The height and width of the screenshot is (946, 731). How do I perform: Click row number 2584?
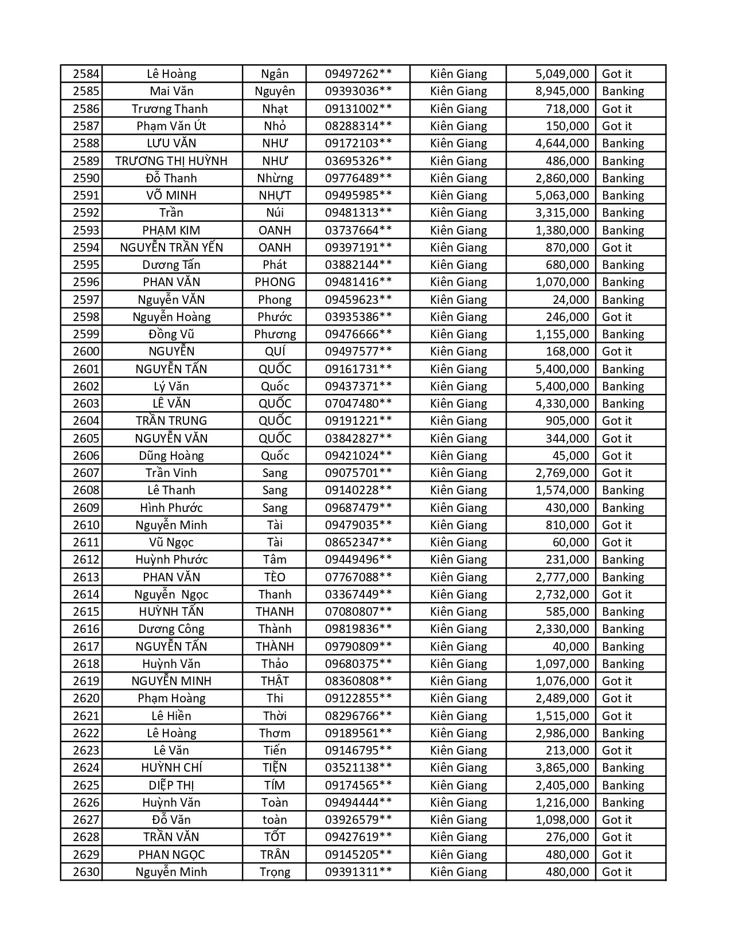pos(86,74)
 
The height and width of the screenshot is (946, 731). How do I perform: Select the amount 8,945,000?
pos(562,91)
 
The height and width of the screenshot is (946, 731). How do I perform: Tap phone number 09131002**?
pos(358,109)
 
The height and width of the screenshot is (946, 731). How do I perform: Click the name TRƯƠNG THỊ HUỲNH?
pos(171,161)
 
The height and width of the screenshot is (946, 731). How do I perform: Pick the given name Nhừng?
pos(275,178)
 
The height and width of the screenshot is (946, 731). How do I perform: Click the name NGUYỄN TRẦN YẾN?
pos(171,248)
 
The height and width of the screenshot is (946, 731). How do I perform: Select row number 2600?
pos(86,351)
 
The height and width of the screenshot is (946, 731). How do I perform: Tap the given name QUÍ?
pos(275,351)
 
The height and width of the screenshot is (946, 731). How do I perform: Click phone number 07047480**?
pos(358,404)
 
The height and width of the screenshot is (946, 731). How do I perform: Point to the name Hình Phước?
pos(171,508)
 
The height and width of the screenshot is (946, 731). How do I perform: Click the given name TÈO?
pos(275,577)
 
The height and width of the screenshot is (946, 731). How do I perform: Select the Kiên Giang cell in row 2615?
pos(458,612)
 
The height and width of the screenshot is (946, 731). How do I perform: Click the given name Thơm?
pos(275,733)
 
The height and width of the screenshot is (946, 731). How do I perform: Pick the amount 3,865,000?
pos(562,768)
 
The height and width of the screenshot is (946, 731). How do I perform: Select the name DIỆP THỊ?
pos(171,785)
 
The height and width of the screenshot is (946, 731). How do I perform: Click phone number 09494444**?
pos(358,803)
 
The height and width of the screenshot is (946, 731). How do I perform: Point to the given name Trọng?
pos(275,872)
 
